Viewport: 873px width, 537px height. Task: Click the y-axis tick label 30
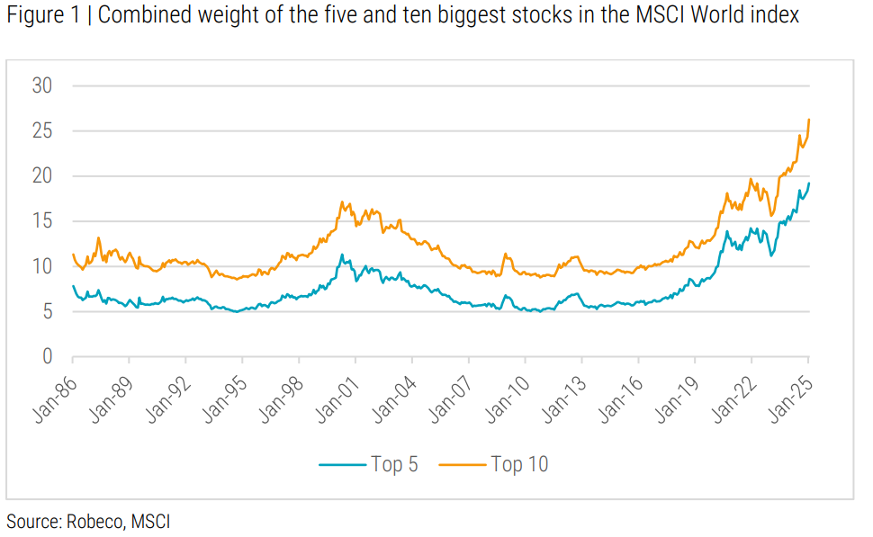(42, 86)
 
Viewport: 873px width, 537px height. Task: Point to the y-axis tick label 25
(42, 131)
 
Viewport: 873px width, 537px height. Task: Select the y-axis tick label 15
(42, 221)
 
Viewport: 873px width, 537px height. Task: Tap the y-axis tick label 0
(48, 357)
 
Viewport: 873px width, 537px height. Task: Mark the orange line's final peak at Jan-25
(809, 120)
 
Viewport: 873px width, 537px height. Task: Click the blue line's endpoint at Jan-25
(809, 183)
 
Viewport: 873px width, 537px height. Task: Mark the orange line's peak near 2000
(341, 202)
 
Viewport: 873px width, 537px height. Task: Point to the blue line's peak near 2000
(341, 255)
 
